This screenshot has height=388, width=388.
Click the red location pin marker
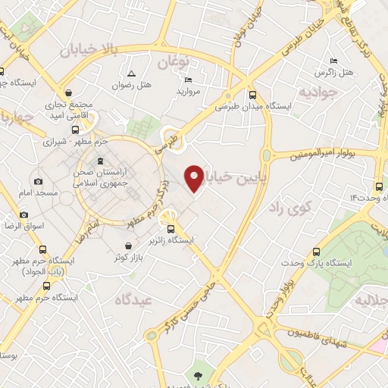[x=195, y=178]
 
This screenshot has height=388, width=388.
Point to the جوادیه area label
[x=318, y=93]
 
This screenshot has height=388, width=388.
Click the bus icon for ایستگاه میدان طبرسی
[x=252, y=95]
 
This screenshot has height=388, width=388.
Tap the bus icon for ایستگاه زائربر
[x=171, y=229]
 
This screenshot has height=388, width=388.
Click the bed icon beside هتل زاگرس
[x=333, y=61]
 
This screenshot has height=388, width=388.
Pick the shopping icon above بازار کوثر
[x=130, y=246]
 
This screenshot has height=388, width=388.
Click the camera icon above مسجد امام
[x=39, y=182]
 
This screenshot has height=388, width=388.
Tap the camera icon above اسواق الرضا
[x=24, y=215]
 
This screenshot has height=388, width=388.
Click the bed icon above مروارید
[x=188, y=80]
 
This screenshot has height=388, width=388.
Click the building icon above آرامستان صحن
[x=99, y=161]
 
